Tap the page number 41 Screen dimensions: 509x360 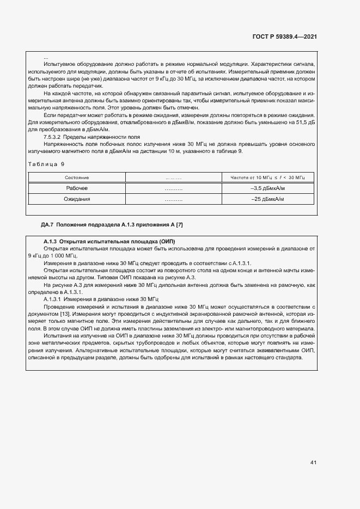[x=313, y=463]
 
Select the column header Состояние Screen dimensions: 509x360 [x=77, y=178]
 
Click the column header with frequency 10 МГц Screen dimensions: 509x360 [x=268, y=178]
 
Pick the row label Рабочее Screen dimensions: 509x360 [x=77, y=188]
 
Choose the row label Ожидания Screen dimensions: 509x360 [x=77, y=199]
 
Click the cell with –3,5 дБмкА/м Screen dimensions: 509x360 [x=268, y=188]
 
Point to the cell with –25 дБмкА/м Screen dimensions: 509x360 [x=268, y=199]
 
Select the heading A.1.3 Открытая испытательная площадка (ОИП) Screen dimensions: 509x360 [x=109, y=241]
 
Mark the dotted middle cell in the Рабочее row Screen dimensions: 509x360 [x=173, y=188]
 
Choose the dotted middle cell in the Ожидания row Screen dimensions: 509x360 [x=173, y=199]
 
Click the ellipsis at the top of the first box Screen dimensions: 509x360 [x=46, y=57]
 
